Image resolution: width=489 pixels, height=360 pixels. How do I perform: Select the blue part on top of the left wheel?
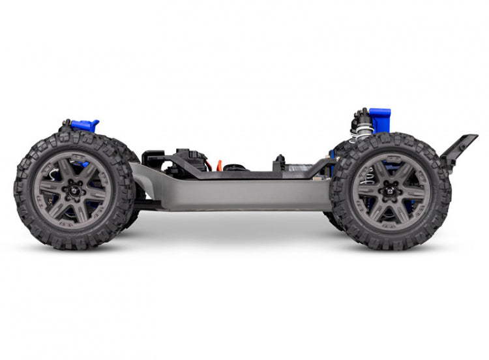click(83, 126)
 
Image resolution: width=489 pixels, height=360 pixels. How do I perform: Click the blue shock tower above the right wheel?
click(379, 120)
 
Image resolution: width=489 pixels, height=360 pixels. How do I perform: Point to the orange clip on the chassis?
click(220, 165)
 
